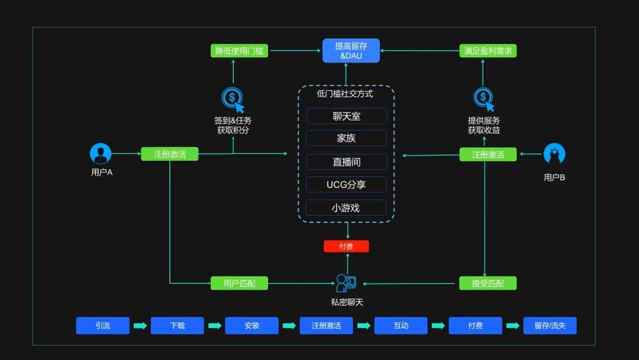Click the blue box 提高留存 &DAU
[x=351, y=51]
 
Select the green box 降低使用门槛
[x=239, y=51]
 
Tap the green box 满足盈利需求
[x=488, y=51]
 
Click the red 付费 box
[x=346, y=246]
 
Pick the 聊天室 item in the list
[x=346, y=116]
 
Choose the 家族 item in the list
[x=346, y=139]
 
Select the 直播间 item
[x=346, y=162]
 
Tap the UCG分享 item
[x=346, y=185]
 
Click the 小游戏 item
[x=346, y=208]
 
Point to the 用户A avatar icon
[x=101, y=154]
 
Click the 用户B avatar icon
[x=554, y=155]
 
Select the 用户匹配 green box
[x=239, y=283]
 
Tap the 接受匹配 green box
[x=488, y=283]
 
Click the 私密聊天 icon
[x=346, y=283]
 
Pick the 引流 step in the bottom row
[x=102, y=326]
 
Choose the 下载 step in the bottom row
[x=177, y=326]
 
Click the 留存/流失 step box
[x=550, y=326]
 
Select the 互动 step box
[x=401, y=326]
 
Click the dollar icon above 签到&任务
[x=232, y=98]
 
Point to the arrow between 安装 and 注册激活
[x=289, y=326]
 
